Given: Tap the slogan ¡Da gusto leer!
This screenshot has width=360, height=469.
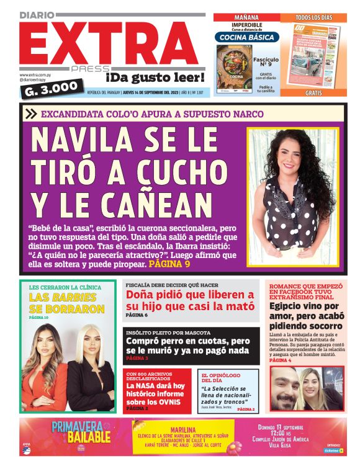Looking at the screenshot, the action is coord(155,78).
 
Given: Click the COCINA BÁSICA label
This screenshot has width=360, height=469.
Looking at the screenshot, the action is coord(248,37).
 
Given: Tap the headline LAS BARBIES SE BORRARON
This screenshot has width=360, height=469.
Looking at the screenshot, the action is coord(66,303).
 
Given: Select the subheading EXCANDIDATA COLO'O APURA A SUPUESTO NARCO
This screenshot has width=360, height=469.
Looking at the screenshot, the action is coord(152,114).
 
